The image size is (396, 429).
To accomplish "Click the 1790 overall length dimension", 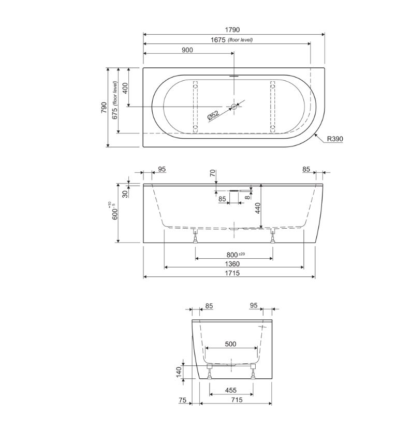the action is click(232, 29).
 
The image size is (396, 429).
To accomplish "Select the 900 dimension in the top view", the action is click(187, 50).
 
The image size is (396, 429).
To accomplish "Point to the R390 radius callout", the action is click(335, 139).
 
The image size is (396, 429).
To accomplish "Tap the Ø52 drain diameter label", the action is click(213, 115).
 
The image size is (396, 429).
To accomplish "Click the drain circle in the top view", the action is click(234, 107).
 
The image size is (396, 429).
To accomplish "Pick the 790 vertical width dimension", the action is click(104, 108).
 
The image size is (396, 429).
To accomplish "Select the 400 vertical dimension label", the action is click(125, 88).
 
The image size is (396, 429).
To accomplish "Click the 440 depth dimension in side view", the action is click(257, 209).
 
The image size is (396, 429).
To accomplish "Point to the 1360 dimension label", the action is click(232, 264).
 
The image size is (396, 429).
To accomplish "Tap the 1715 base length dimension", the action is click(232, 273).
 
